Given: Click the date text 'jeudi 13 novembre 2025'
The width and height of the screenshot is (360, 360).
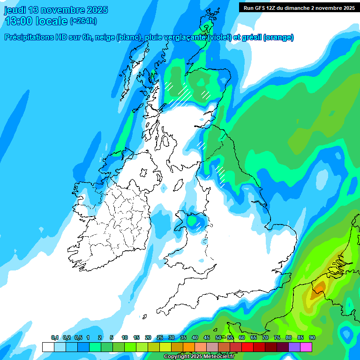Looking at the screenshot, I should pos(56,10).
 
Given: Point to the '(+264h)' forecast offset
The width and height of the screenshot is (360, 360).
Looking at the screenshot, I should pos(83,21).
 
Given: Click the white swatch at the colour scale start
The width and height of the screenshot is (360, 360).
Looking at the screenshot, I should pos(48,347).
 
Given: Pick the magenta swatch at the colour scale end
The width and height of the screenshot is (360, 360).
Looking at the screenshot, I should pos(306,347).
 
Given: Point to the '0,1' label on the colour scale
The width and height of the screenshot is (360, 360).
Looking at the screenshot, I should pos(55,338).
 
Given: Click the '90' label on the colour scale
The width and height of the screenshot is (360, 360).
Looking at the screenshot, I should pos(312,338).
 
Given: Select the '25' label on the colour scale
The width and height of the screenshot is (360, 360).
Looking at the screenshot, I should pos(160,338).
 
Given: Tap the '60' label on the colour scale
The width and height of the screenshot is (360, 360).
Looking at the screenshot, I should pos(242,338).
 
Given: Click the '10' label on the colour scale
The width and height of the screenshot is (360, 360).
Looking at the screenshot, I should pos(125,338).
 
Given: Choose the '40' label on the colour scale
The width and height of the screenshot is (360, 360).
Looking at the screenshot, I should pos(195,338).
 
